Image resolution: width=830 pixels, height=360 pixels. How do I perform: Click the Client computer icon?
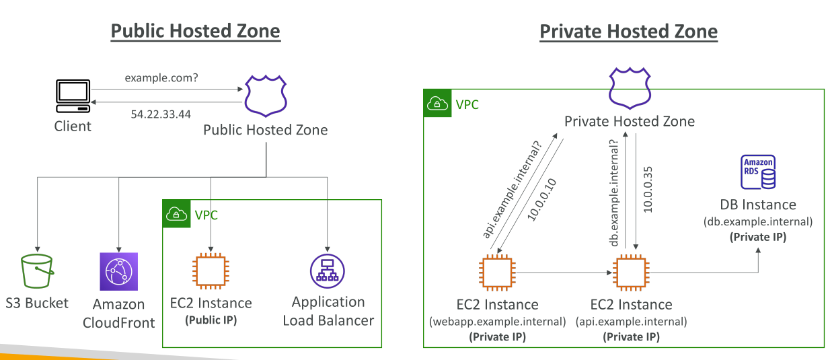(73, 96)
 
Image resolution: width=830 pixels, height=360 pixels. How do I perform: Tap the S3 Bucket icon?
(37, 271)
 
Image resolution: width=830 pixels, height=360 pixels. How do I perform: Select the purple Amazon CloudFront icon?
(118, 271)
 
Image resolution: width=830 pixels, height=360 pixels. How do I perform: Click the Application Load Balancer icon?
(327, 271)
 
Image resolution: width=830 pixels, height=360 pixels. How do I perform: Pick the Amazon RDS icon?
(758, 172)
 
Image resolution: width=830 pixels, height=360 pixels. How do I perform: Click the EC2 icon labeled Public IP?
(211, 271)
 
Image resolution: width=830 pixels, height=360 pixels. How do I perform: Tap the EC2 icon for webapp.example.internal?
(497, 273)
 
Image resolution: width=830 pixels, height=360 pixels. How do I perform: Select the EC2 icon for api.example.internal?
(631, 273)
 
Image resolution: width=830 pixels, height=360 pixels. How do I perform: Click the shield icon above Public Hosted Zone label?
(266, 96)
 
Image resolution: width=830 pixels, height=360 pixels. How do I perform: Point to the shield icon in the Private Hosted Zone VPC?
(630, 88)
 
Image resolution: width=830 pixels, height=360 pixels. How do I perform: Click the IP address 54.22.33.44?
(161, 114)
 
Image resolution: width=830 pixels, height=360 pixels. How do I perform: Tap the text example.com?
(161, 78)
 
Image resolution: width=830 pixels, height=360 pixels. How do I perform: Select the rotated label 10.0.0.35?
(648, 190)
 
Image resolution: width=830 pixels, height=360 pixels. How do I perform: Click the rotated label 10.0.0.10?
(541, 200)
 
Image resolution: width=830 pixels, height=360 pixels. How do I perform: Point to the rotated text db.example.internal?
(614, 193)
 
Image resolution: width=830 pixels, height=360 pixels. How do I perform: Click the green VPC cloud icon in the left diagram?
(176, 213)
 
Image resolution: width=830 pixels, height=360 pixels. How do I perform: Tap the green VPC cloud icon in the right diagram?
(437, 103)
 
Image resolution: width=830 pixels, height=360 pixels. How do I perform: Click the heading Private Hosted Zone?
(628, 31)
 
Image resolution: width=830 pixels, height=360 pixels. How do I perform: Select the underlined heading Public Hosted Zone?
(196, 31)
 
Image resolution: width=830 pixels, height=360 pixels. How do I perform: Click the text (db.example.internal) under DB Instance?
(758, 221)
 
